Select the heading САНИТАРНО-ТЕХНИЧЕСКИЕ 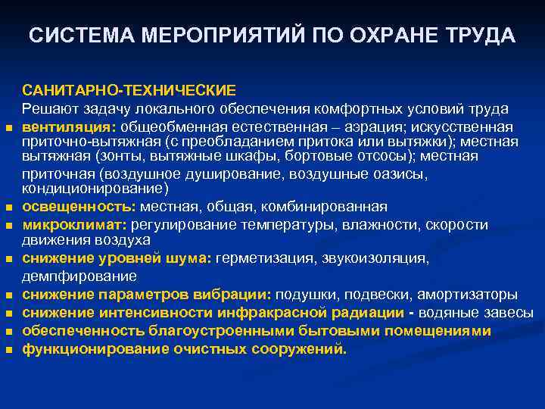click(x=129, y=91)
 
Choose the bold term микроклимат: click(x=74, y=225)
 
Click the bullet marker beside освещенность click(x=10, y=208)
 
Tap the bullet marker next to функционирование click(x=10, y=350)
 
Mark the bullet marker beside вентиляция click(x=10, y=127)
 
